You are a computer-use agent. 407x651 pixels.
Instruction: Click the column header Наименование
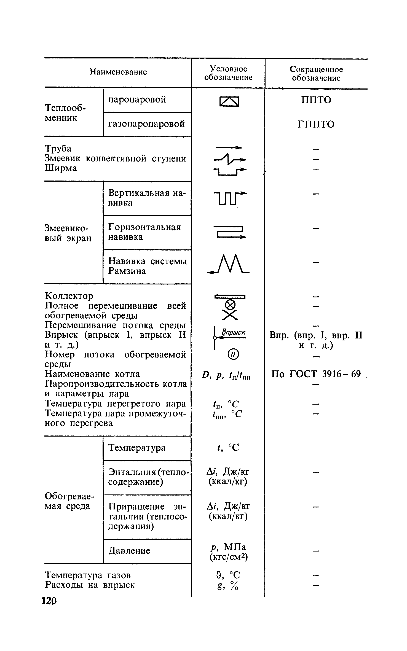[118, 72]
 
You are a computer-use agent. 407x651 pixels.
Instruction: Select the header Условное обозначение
[228, 73]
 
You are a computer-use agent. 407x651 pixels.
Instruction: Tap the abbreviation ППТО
[316, 100]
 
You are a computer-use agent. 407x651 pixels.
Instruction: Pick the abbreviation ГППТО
[316, 125]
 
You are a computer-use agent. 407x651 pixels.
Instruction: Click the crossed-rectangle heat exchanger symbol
[229, 102]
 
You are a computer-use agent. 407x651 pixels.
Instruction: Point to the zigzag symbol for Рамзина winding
[229, 265]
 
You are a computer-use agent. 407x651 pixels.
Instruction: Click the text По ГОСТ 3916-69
[316, 374]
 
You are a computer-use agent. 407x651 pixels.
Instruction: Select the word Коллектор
[69, 296]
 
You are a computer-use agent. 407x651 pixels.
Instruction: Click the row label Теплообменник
[66, 112]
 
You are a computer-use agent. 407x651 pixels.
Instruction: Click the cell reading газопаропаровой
[146, 124]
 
